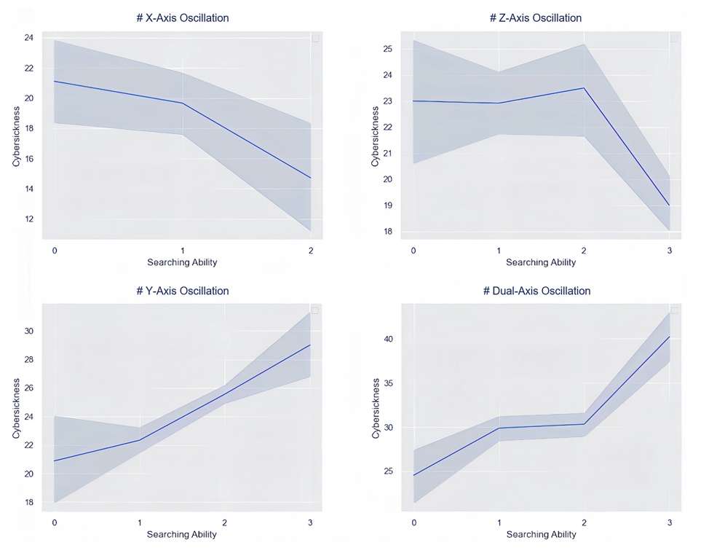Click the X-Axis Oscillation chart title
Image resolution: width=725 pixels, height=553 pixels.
(x=183, y=17)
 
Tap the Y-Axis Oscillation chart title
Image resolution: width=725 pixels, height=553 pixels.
(x=183, y=291)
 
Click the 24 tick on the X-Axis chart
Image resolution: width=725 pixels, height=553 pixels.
(x=28, y=37)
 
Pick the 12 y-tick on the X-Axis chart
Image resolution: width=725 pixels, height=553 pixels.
(x=28, y=219)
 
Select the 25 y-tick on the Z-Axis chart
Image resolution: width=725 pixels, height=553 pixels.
(x=388, y=49)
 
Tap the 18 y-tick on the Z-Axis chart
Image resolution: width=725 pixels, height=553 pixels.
(x=388, y=232)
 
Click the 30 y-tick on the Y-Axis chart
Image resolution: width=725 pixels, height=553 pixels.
(x=28, y=331)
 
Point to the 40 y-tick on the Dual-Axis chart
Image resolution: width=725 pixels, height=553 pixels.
(x=388, y=340)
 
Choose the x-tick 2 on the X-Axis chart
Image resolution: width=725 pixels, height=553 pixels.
(x=311, y=250)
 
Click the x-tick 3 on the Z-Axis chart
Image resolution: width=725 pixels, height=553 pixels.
(x=670, y=250)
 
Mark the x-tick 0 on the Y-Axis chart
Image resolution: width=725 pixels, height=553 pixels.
(x=55, y=522)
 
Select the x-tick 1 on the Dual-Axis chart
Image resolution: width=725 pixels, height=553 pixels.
(x=499, y=522)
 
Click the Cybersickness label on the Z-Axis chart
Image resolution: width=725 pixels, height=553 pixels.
(x=376, y=136)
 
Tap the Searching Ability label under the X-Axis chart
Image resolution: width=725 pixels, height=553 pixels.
(x=182, y=262)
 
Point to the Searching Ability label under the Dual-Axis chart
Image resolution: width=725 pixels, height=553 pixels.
(x=541, y=534)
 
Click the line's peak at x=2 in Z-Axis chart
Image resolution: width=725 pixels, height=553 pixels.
(x=584, y=88)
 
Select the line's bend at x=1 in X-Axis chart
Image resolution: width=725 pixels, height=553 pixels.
(x=183, y=103)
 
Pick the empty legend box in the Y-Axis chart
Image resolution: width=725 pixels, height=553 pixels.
(x=315, y=311)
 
